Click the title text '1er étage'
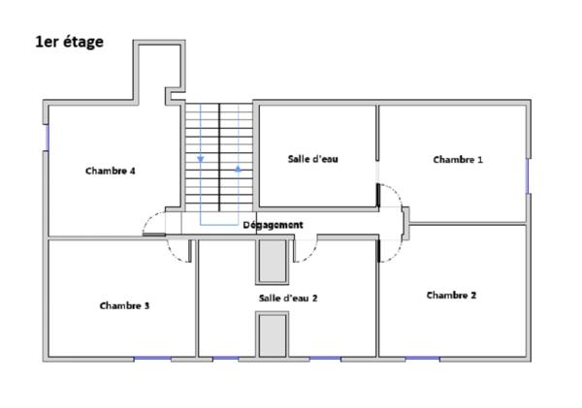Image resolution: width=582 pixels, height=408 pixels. [x=68, y=42]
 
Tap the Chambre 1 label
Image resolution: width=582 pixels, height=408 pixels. [x=457, y=160]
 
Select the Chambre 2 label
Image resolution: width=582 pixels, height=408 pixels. [x=451, y=296]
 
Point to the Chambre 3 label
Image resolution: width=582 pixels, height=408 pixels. [x=124, y=305]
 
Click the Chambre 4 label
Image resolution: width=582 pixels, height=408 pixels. [x=110, y=171]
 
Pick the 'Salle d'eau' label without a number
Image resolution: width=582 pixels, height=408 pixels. [x=312, y=158]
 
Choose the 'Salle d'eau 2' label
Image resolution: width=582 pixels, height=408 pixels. [x=288, y=298]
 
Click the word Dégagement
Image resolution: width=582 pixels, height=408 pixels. [x=273, y=225]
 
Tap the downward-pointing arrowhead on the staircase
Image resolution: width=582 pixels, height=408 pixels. [x=201, y=159]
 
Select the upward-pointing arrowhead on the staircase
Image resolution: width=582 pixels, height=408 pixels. [x=238, y=169]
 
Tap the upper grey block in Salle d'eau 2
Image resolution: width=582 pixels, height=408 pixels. [x=273, y=261]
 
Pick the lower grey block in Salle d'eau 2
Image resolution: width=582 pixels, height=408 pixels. [x=273, y=335]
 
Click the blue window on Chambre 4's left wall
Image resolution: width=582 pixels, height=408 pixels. [x=47, y=136]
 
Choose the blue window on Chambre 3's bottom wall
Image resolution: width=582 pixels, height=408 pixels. [x=152, y=359]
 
